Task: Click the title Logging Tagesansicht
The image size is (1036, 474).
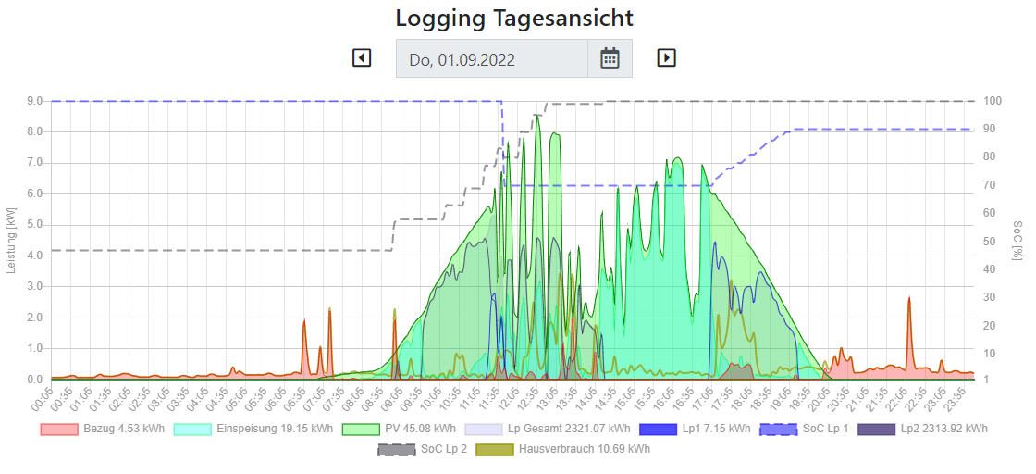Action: click(x=514, y=18)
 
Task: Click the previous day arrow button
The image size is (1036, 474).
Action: click(x=362, y=57)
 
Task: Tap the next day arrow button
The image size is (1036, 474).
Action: click(x=666, y=57)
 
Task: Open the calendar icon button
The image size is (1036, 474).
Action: click(x=610, y=58)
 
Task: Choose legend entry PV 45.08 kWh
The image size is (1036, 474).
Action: click(x=399, y=429)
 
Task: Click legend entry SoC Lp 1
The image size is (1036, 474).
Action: click(x=804, y=429)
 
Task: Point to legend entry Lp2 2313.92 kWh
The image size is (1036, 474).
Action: click(x=922, y=429)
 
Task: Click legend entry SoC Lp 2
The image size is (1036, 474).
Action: click(x=420, y=449)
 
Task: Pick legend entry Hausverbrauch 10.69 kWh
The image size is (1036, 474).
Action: click(x=562, y=449)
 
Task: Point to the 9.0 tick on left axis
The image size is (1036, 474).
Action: click(x=35, y=101)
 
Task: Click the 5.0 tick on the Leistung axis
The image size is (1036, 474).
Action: click(x=35, y=225)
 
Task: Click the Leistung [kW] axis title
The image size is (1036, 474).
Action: click(x=11, y=240)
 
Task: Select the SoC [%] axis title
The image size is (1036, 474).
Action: click(x=1018, y=240)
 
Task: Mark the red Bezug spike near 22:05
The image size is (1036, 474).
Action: click(x=909, y=301)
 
